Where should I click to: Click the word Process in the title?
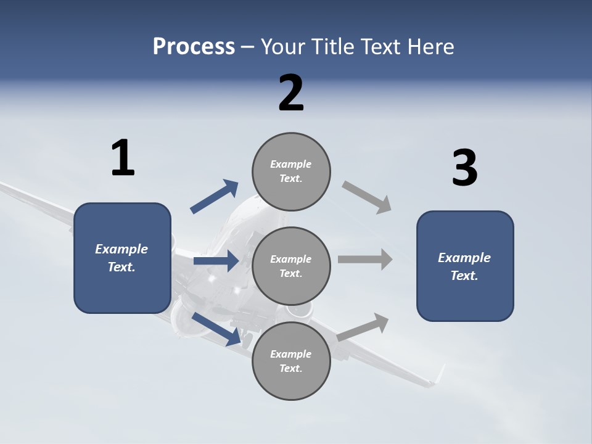[x=194, y=46]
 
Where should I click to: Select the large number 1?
[x=122, y=158]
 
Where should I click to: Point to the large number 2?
[x=291, y=93]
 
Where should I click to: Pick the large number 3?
[x=464, y=168]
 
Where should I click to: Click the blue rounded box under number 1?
[x=122, y=258]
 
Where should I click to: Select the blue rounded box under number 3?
[x=465, y=266]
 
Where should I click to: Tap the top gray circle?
[x=291, y=171]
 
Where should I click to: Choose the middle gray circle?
[x=291, y=266]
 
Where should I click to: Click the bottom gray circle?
[x=291, y=361]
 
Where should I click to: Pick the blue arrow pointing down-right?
[x=216, y=328]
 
